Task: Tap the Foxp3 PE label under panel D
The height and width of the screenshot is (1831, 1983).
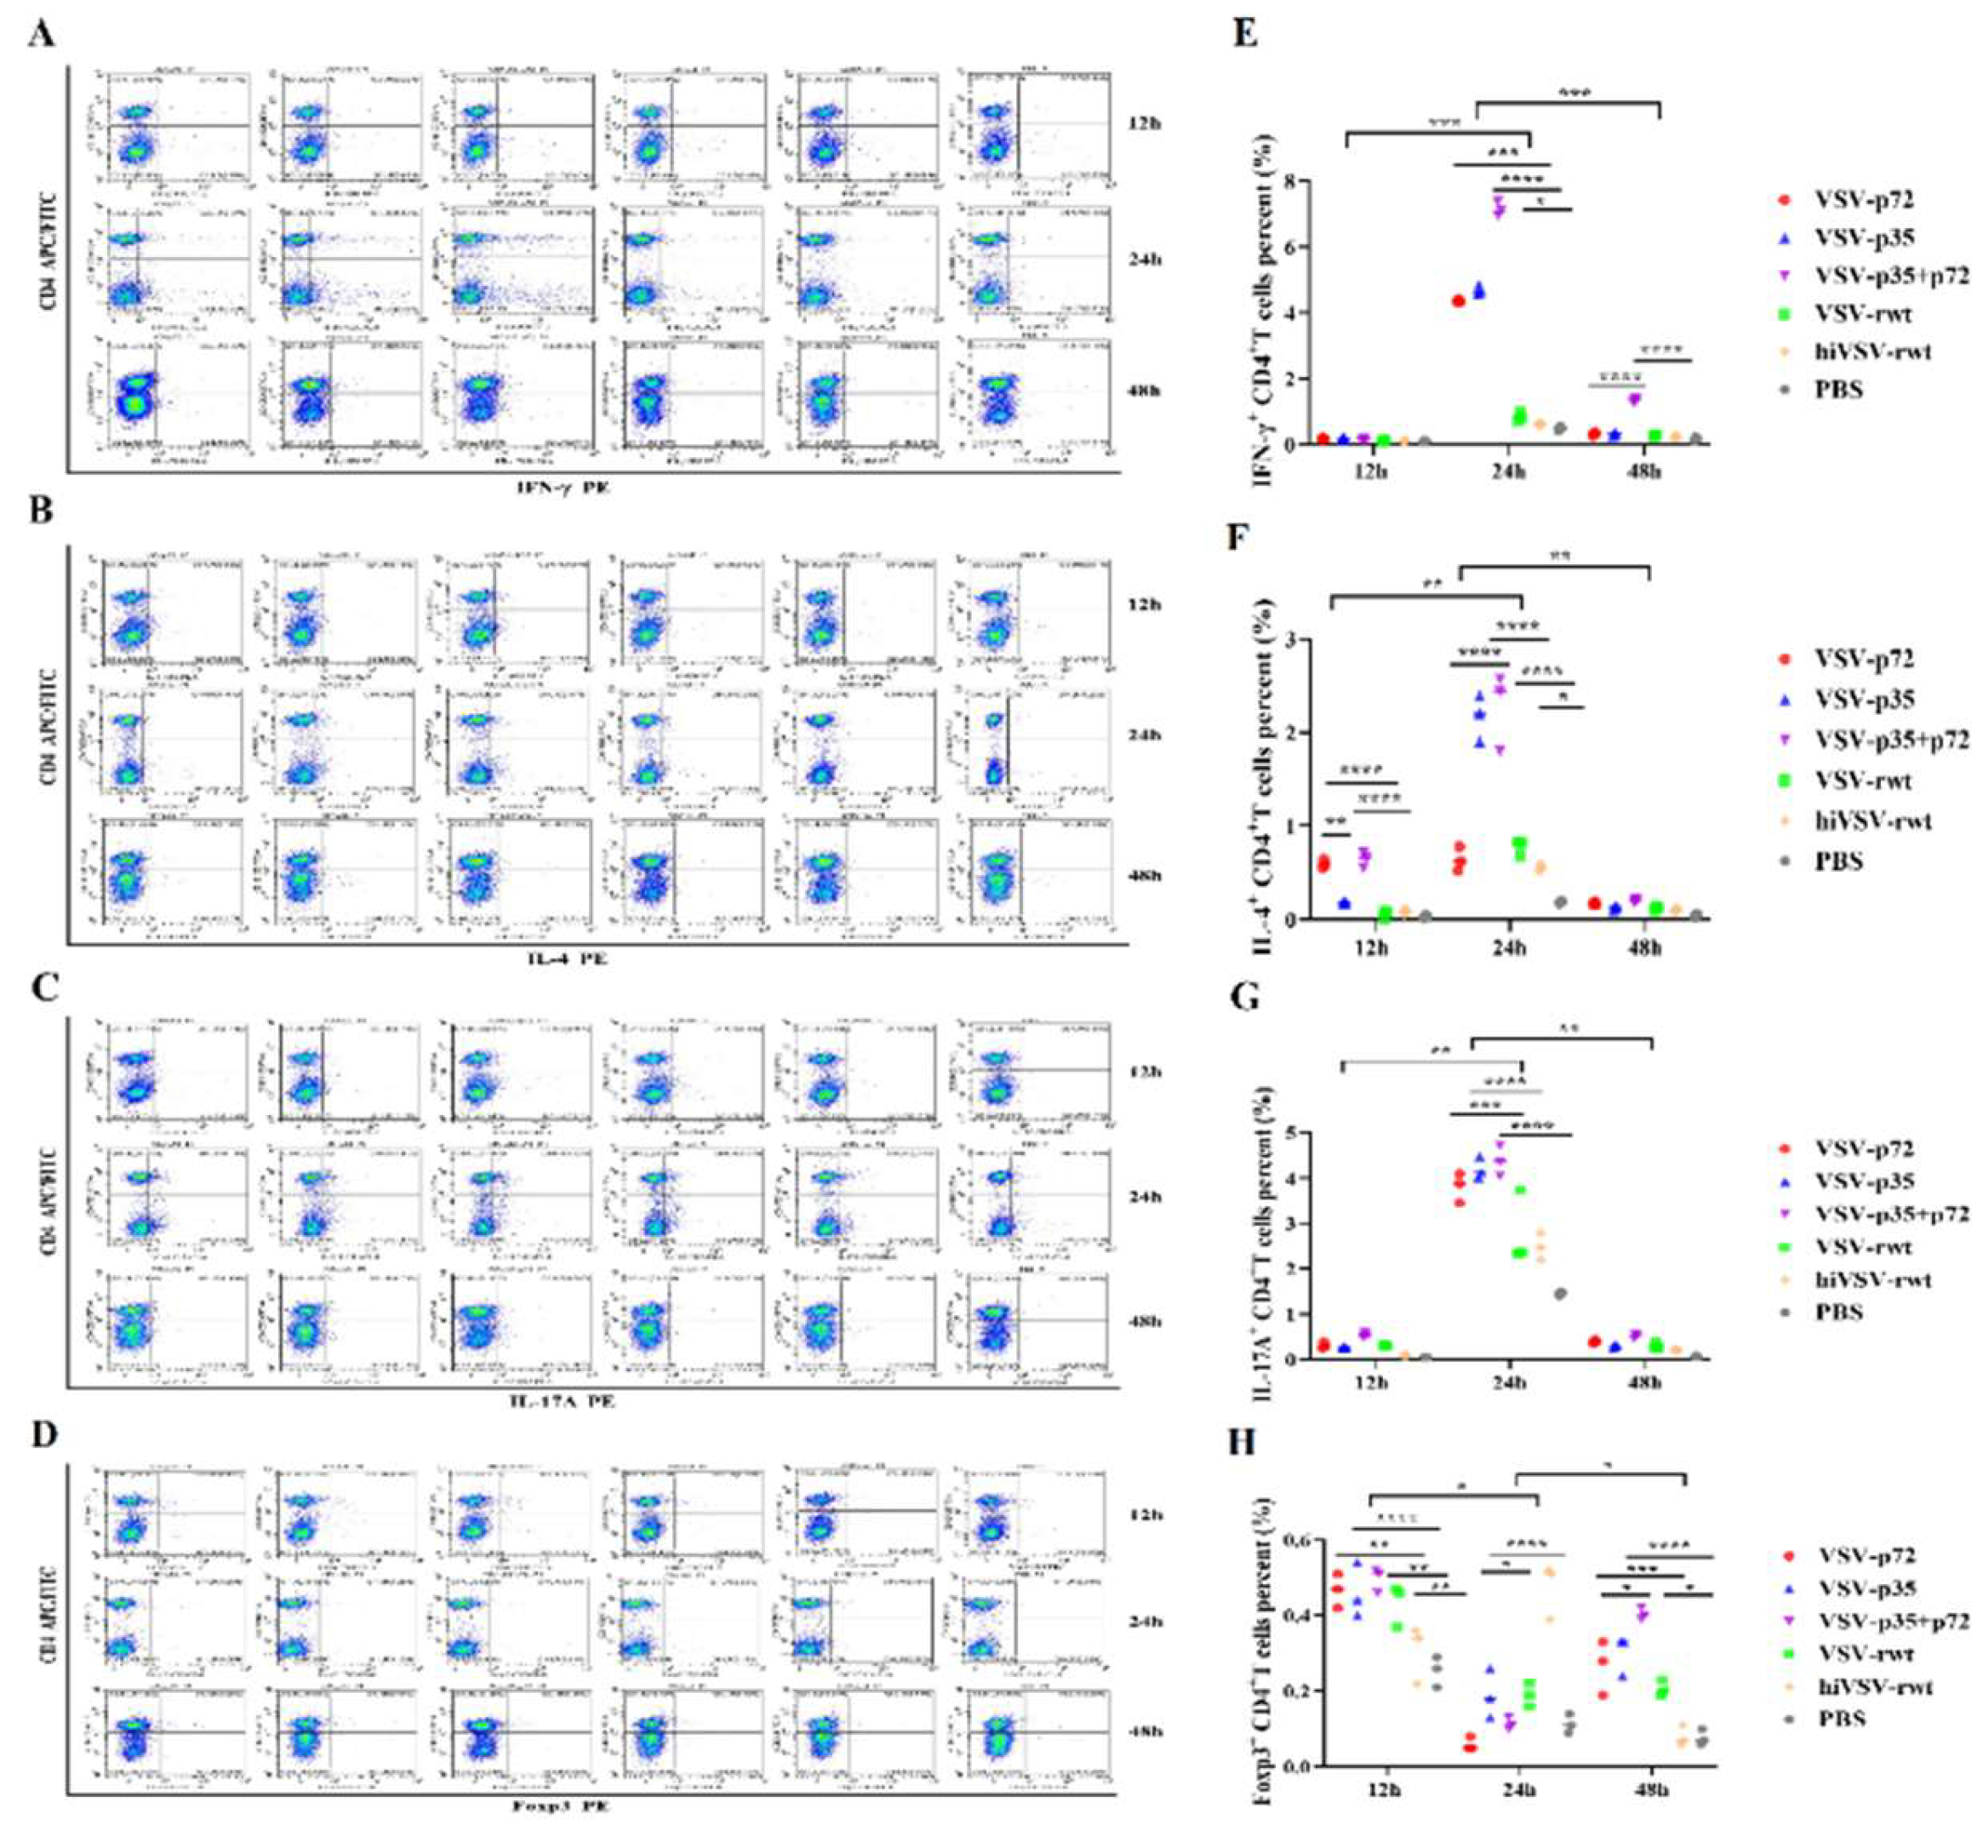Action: point(561,1805)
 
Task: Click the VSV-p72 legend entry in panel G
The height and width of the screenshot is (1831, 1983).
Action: point(1863,1148)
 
